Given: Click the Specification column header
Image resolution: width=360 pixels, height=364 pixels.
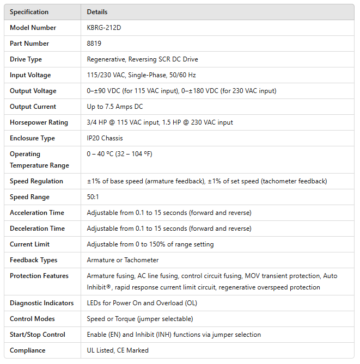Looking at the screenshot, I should (29, 12).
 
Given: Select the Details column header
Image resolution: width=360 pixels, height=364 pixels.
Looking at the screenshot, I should (97, 12).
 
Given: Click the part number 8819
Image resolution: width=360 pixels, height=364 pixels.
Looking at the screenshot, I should (94, 44).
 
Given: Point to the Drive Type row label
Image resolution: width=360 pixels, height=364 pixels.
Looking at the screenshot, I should (26, 59).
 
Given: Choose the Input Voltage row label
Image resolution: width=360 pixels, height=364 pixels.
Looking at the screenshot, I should (30, 75).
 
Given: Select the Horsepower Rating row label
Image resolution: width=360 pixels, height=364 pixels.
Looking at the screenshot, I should (39, 122).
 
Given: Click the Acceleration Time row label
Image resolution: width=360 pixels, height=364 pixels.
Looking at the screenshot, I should (36, 213).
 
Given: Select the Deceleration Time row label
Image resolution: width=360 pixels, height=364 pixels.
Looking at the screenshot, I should (36, 229).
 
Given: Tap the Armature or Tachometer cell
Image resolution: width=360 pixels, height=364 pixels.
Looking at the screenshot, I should (123, 260).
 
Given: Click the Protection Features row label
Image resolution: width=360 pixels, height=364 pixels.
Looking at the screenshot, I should (39, 276).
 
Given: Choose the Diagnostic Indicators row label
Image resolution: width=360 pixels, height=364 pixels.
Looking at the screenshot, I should (40, 303).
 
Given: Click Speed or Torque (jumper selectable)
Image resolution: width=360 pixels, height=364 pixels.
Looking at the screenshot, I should (139, 319).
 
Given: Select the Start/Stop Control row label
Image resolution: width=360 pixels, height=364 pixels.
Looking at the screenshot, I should (37, 335).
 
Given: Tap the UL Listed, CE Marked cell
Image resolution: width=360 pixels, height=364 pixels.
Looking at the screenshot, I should (118, 350).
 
